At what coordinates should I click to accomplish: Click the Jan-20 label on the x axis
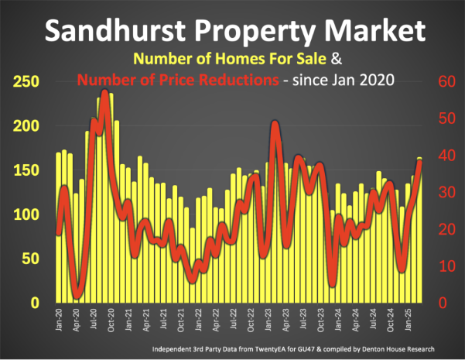59,319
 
